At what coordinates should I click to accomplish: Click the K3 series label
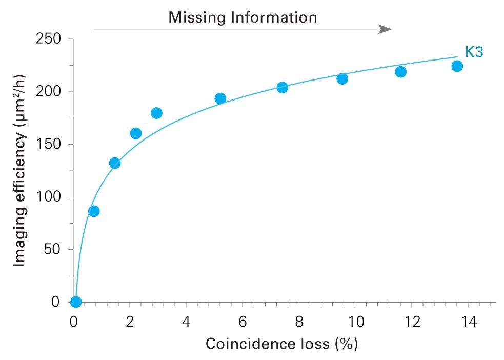[474, 52]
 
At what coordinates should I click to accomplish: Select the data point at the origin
[76, 302]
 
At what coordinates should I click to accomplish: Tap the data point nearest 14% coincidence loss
[457, 66]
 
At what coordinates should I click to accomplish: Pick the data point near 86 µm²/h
[94, 211]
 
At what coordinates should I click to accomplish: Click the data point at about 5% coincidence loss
[220, 98]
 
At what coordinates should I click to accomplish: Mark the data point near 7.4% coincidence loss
[282, 88]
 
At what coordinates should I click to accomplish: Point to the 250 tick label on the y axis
[49, 39]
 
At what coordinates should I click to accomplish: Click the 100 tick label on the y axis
[49, 197]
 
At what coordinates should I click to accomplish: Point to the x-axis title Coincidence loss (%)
[281, 343]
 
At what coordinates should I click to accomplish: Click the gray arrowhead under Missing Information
[385, 29]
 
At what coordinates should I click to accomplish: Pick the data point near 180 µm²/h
[157, 113]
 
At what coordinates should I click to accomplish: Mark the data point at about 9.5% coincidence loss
[342, 78]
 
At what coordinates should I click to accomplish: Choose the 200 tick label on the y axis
[49, 92]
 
